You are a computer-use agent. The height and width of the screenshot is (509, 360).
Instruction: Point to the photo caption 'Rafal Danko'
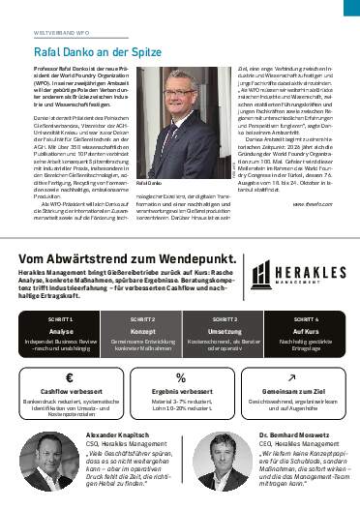148,182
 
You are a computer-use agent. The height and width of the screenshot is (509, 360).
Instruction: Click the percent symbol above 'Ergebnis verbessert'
180,377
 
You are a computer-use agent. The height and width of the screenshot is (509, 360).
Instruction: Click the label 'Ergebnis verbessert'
180,395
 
